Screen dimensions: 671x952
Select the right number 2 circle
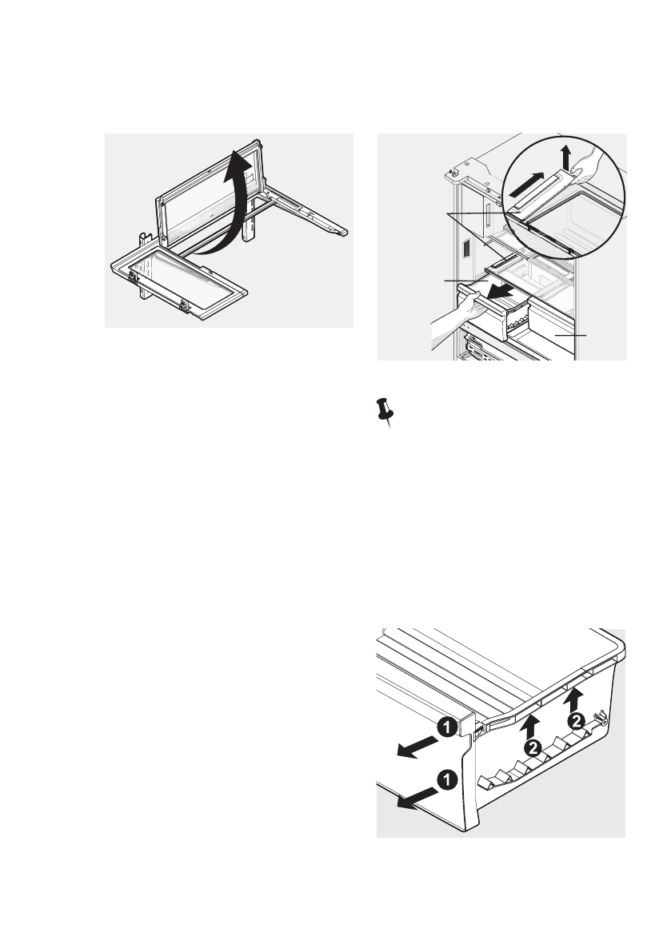(x=575, y=721)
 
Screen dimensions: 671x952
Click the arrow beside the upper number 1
(x=415, y=745)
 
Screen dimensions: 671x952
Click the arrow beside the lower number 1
(x=413, y=795)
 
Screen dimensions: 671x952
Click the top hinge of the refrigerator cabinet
(x=455, y=172)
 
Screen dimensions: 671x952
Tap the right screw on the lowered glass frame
(x=185, y=305)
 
